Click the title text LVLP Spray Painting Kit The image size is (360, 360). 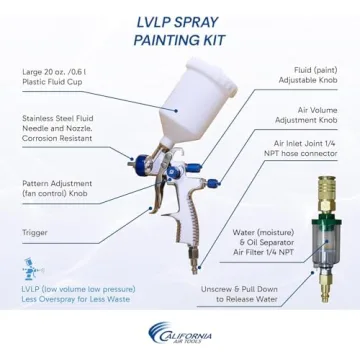179,31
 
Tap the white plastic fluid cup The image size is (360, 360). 195,101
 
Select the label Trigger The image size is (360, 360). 35,232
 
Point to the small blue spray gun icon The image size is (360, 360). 33,269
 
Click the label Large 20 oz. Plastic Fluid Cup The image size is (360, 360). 56,76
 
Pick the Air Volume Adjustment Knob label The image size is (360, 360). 306,115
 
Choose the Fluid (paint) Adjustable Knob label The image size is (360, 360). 308,75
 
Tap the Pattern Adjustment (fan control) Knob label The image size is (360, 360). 57,188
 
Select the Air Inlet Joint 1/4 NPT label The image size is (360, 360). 305,148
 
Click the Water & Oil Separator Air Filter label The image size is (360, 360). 263,242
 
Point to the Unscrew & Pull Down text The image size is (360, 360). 239,294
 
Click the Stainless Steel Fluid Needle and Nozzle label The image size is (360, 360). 58,128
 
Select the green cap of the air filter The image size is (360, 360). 327,223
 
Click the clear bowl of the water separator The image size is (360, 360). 326,245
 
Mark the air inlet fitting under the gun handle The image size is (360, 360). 193,261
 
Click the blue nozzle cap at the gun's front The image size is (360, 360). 143,162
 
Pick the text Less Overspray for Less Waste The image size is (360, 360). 76,299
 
